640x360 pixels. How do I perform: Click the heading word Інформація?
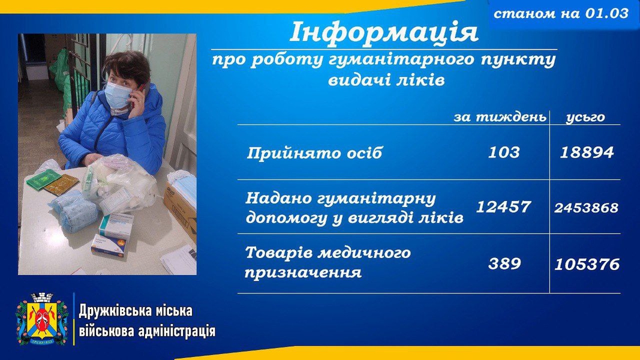(x=384, y=32)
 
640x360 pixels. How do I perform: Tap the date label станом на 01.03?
(x=561, y=13)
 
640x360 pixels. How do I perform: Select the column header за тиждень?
(x=500, y=117)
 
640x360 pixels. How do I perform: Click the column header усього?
(x=585, y=118)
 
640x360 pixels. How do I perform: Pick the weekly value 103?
(x=504, y=152)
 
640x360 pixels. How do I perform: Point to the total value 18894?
(x=587, y=152)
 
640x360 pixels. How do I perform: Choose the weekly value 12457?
(x=504, y=207)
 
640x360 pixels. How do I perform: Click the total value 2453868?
(x=587, y=208)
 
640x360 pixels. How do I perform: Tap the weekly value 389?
(x=504, y=263)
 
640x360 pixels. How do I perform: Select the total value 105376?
(x=587, y=264)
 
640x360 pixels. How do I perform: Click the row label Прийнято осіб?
(x=315, y=153)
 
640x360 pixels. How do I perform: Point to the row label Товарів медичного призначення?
(x=327, y=262)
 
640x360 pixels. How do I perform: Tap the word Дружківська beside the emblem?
(x=113, y=311)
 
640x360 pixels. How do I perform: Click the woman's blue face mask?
(x=118, y=95)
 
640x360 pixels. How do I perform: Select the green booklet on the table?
(x=44, y=180)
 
